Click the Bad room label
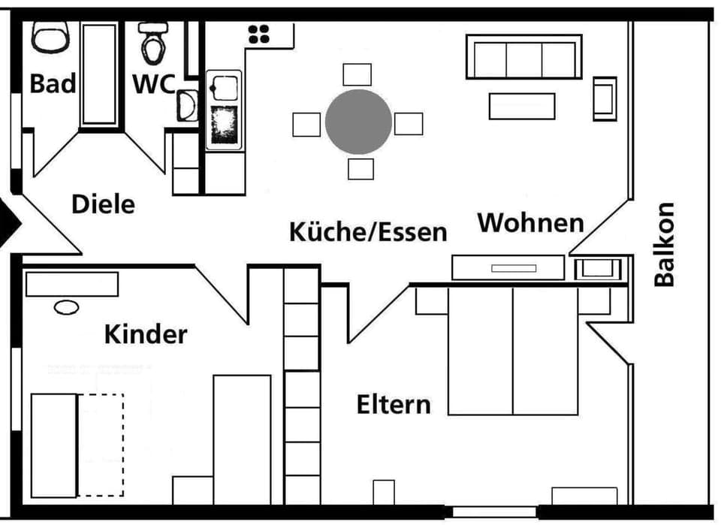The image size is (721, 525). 53,83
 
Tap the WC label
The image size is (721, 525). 154,83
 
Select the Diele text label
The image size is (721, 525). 104,204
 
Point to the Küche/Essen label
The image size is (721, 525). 368,231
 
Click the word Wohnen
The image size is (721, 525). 531,222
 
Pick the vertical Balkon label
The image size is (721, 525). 665,245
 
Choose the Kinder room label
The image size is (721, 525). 146,334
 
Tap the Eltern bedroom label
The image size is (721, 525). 394,405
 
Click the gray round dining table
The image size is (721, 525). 358,122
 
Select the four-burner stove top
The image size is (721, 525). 259,35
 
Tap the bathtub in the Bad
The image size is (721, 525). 99,74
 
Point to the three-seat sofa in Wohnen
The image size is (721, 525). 524,56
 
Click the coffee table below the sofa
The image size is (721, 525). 522,106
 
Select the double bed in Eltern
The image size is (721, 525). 513,352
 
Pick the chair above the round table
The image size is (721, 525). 357,74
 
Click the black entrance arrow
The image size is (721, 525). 8,224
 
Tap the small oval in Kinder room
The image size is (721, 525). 66,307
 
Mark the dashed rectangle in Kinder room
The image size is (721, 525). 101,445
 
